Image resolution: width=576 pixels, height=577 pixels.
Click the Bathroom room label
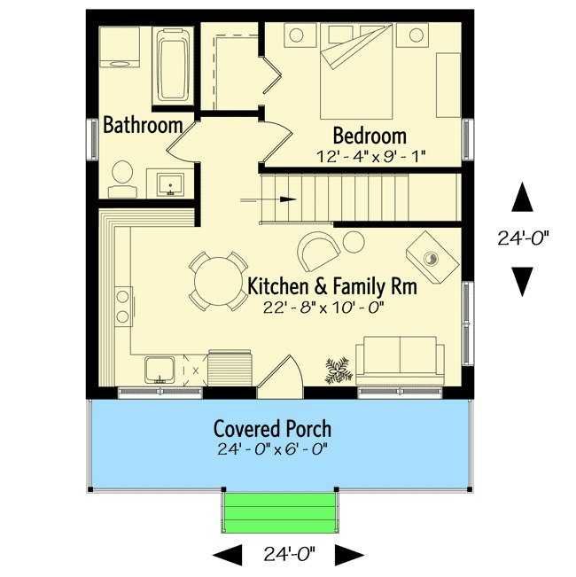143,125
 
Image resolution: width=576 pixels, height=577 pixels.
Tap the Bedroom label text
370,136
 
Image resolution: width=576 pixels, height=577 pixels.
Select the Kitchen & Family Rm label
332,286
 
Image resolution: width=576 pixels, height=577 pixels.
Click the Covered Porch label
273,429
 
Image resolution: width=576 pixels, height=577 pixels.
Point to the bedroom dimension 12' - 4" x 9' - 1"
370,157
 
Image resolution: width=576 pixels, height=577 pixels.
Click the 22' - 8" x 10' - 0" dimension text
323,308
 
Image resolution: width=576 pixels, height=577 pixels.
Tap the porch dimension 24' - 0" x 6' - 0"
273,449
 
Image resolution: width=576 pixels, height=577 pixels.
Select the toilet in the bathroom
122,179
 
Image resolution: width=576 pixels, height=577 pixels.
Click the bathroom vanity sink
170,184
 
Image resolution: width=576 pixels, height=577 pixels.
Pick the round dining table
218,281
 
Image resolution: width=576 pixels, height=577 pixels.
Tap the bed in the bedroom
356,71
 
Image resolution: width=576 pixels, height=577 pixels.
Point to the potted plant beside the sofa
339,370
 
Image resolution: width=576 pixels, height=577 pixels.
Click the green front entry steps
280,512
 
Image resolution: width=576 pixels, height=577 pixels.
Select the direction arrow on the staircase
269,199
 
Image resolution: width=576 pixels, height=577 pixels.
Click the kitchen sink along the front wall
160,370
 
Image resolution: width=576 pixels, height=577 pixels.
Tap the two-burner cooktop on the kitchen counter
123,306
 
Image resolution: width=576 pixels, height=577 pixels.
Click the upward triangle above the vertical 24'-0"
522,198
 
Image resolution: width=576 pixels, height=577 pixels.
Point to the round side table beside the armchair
354,242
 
